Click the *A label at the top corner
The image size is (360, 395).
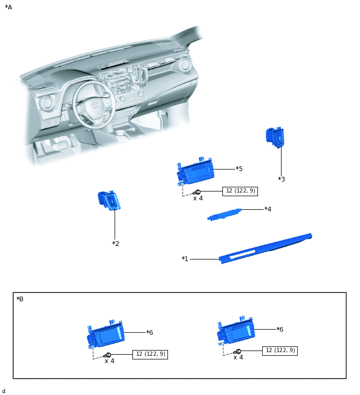click(8, 7)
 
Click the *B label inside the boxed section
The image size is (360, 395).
click(20, 299)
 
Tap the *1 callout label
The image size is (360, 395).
click(185, 259)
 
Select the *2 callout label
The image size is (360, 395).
click(116, 244)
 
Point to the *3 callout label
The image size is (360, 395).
click(282, 179)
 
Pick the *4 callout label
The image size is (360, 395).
click(268, 209)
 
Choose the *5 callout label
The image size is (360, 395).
click(239, 169)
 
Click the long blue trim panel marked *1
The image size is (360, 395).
click(267, 247)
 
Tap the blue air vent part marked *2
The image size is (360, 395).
click(108, 200)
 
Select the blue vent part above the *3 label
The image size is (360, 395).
click(275, 137)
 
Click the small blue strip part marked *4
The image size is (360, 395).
click(224, 215)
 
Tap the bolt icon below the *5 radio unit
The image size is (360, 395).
click(198, 192)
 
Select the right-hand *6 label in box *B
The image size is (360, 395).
click(280, 329)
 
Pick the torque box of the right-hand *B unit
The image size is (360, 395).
click(279, 351)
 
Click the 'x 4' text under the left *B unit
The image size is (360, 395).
click(109, 361)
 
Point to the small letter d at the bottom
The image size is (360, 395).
click(4, 391)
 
